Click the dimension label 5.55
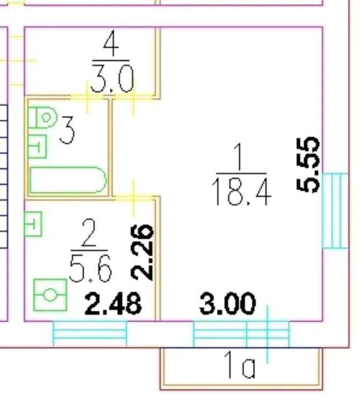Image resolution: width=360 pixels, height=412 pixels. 308,165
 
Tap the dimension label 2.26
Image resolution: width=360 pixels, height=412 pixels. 142,253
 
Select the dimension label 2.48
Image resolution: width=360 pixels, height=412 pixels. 113,304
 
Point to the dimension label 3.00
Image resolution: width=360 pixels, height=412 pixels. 227,304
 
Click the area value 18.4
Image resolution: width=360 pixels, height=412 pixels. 241,192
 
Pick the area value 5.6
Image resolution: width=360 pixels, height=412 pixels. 91,268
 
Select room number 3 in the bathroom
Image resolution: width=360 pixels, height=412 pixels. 67,130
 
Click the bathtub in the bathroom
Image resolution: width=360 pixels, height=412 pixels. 68,180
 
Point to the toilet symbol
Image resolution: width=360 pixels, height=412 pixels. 42,117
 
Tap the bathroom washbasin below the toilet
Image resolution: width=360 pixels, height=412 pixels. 37,146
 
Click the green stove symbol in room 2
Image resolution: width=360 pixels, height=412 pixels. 50,295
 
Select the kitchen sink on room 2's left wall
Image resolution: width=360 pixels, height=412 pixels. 33,224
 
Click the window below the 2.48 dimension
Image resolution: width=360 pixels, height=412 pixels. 90,334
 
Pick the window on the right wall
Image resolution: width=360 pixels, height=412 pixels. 335,210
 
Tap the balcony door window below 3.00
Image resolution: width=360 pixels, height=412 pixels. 241,334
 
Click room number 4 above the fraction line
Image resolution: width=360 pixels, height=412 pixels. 111,43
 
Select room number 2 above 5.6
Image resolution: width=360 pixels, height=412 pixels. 89,232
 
